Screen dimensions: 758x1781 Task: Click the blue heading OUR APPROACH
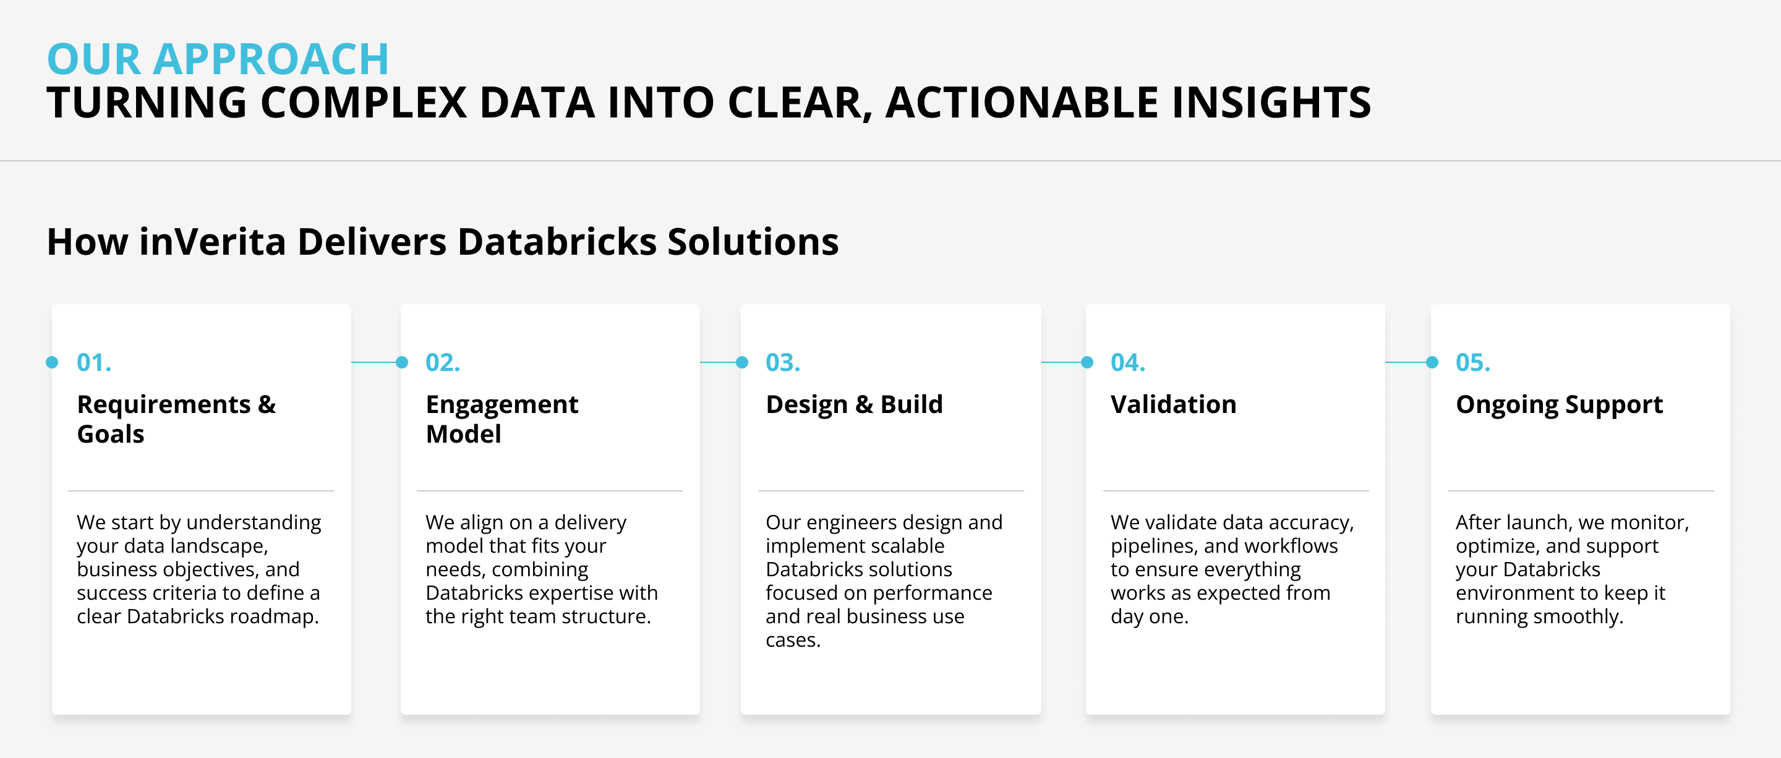coord(218,59)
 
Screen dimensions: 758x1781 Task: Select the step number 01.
coord(94,362)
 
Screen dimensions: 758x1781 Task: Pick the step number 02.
coord(443,362)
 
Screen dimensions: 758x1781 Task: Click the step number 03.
coord(783,362)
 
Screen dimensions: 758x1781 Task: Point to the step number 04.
coord(1127,362)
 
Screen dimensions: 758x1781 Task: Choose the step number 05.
coord(1472,362)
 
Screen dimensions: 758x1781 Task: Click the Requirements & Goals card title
coord(176,419)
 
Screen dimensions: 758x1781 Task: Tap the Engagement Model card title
coord(502,419)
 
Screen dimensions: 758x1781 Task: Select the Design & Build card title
coord(854,404)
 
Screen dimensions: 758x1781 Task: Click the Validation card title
coord(1173,404)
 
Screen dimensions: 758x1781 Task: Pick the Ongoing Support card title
coord(1559,404)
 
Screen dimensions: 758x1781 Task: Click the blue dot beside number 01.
coord(52,362)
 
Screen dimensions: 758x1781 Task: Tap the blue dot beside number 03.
coord(742,362)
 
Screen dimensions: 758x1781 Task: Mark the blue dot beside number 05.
coord(1432,362)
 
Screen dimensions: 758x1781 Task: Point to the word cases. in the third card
coord(792,640)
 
